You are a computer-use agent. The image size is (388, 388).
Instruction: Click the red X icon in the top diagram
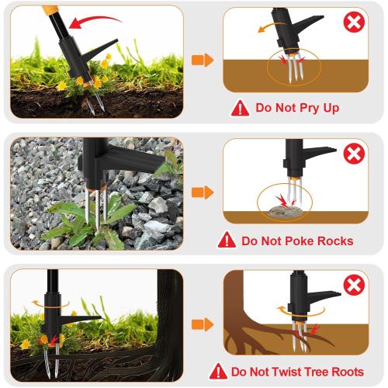(x=354, y=23)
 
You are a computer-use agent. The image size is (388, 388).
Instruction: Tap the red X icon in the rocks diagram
(x=354, y=154)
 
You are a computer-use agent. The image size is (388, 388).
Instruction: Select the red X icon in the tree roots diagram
(x=354, y=286)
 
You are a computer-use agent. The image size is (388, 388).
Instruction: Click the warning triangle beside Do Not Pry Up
(x=240, y=108)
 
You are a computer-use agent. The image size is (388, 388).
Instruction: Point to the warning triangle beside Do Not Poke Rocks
(x=227, y=240)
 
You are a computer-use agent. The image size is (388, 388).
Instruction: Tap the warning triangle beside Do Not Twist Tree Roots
(x=218, y=371)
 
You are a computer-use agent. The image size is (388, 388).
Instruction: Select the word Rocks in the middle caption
(x=330, y=241)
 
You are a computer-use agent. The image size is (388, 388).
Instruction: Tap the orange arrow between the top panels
(x=203, y=60)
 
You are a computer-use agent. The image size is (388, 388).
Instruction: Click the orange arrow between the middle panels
(x=203, y=192)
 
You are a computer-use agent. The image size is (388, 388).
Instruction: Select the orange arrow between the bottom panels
(x=203, y=324)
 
